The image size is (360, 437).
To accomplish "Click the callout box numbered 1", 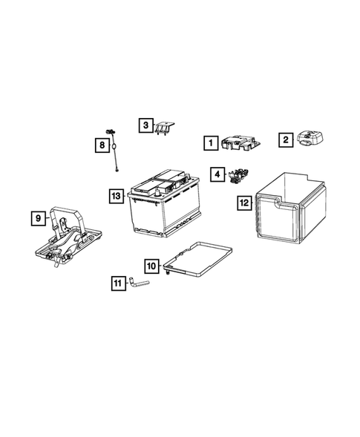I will pyautogui.click(x=211, y=142).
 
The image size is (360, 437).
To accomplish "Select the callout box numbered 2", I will pyautogui.click(x=284, y=139).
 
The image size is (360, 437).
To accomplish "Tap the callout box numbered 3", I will pyautogui.click(x=146, y=125).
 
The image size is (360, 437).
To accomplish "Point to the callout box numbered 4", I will pyautogui.click(x=217, y=174).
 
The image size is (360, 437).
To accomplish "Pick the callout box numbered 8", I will pyautogui.click(x=101, y=146).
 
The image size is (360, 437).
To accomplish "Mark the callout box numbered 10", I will pyautogui.click(x=150, y=265).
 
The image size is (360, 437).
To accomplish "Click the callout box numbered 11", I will pyautogui.click(x=118, y=282).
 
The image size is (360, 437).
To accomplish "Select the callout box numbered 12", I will pyautogui.click(x=243, y=202).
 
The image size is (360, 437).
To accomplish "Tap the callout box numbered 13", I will pyautogui.click(x=114, y=196).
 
